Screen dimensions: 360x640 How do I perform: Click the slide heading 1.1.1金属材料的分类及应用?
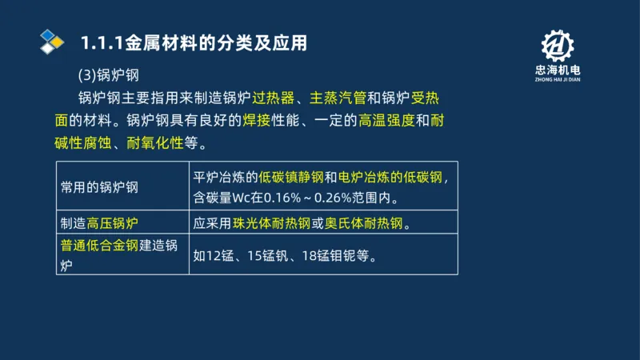click(x=194, y=42)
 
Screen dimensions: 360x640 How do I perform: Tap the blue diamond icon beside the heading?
click(x=52, y=41)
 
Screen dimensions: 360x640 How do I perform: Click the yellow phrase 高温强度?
click(x=387, y=122)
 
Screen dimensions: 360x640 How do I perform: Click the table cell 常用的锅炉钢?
click(x=100, y=186)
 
